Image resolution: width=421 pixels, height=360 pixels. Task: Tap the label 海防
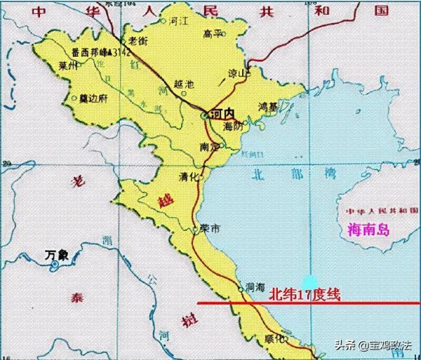click(232, 126)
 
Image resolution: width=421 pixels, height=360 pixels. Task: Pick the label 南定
click(208, 147)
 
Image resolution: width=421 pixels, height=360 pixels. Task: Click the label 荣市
click(210, 229)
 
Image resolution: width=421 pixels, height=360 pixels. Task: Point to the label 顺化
click(265, 338)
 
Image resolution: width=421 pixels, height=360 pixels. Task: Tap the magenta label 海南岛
click(368, 229)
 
